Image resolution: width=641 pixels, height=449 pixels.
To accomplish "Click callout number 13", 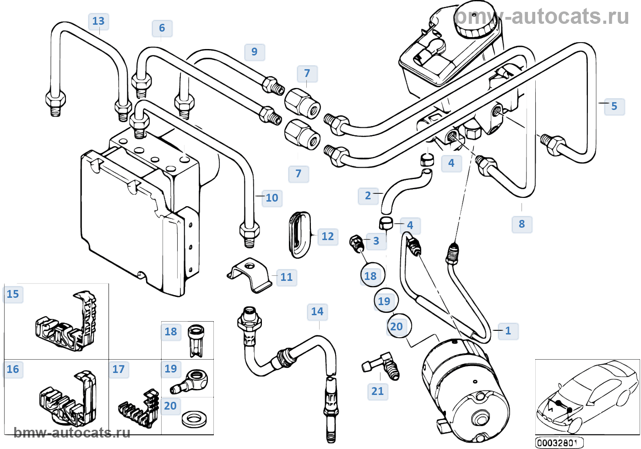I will [x=98, y=21].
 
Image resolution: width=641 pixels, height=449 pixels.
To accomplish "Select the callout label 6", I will [x=162, y=28].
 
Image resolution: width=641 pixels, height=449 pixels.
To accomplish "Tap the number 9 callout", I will [x=255, y=52].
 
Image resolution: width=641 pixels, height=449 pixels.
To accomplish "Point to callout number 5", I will [x=614, y=106].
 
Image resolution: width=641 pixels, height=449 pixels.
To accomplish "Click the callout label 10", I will [x=272, y=198].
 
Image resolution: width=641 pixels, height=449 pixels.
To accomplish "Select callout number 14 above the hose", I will [x=317, y=312].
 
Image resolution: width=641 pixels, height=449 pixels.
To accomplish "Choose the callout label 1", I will [x=508, y=331].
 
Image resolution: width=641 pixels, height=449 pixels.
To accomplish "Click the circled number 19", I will [x=385, y=301].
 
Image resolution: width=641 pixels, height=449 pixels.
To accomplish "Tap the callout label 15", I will [x=13, y=294].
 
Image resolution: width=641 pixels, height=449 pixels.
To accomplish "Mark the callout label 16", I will [x=13, y=369].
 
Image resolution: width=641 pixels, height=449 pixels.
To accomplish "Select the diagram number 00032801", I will [x=559, y=443].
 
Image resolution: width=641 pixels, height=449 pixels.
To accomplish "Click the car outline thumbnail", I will [x=587, y=396].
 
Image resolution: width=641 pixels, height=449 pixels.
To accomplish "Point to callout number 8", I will [x=521, y=224].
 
